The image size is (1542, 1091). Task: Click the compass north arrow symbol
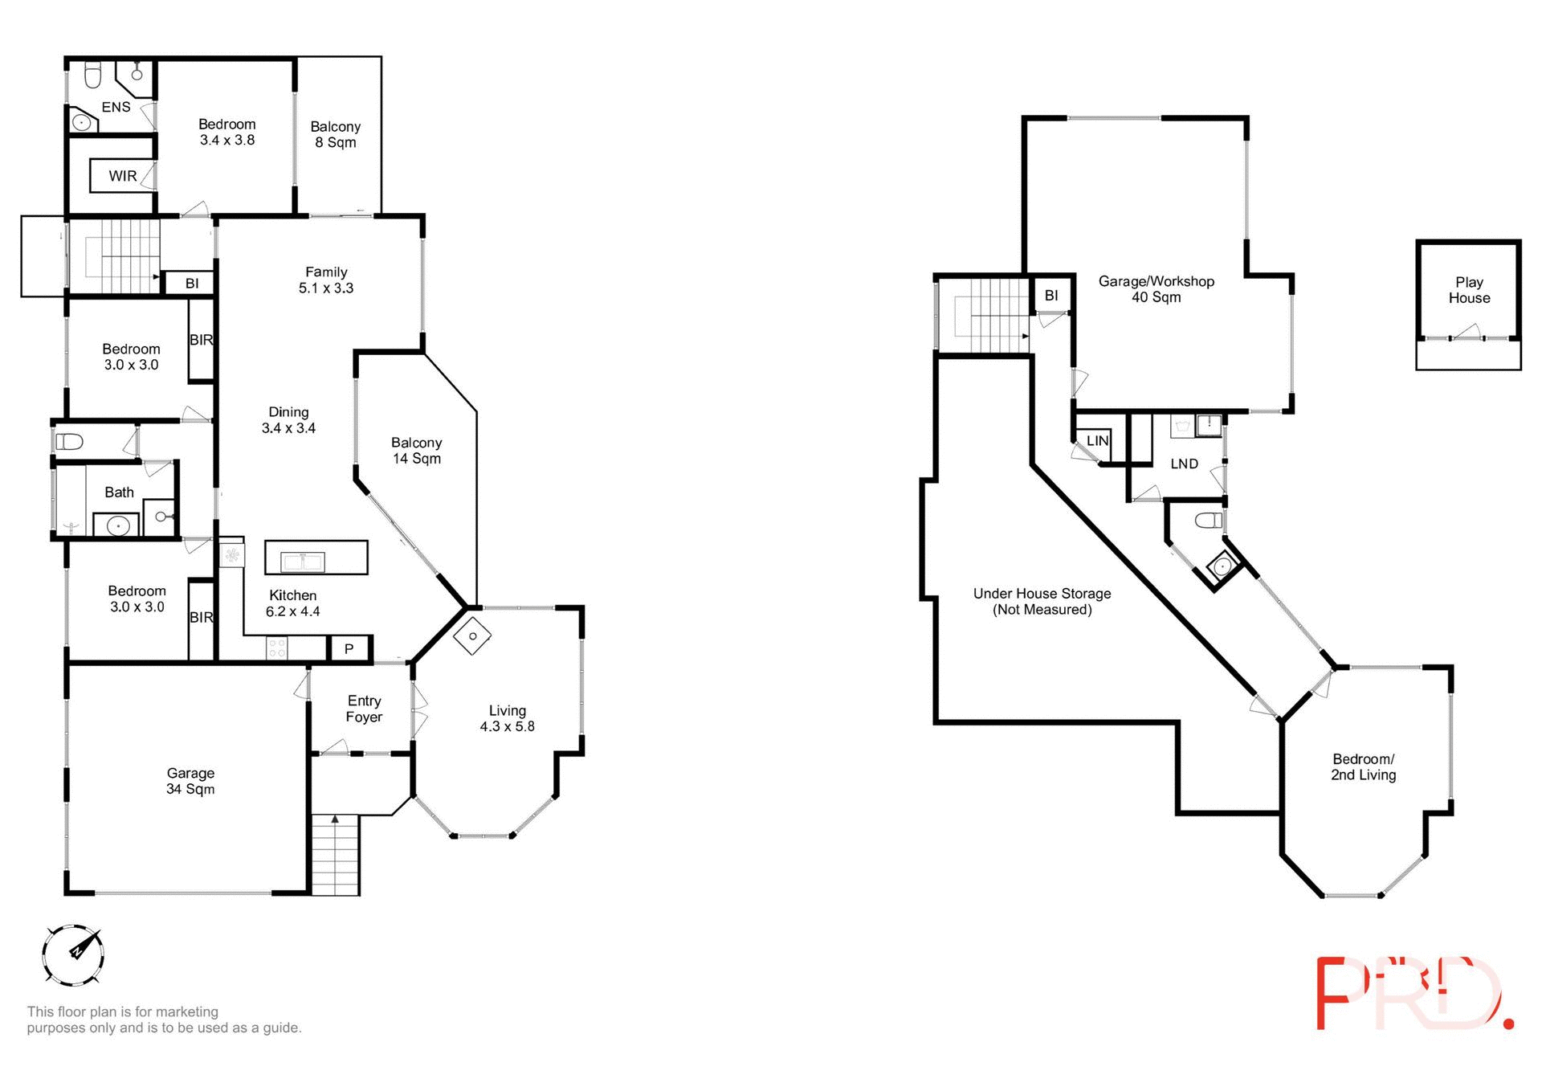coord(73,954)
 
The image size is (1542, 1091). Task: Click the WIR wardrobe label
coord(123,176)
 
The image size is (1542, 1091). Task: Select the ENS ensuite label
coord(116,107)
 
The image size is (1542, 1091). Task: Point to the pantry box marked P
coord(349,648)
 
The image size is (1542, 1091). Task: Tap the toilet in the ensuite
coord(92,75)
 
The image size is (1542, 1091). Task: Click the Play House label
coord(1469,290)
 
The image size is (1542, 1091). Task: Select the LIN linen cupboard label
coord(1097,441)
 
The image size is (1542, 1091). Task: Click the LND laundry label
coord(1184,464)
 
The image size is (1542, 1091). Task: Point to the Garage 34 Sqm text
coord(190,781)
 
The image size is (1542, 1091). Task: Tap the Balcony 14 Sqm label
coord(416,451)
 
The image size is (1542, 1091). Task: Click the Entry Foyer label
coord(364,709)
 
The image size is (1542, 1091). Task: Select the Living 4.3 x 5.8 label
coord(507,718)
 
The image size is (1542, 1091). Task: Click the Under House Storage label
coord(1042,601)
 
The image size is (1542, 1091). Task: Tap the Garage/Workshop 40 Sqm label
coord(1156,289)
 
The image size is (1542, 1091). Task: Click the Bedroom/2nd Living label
coord(1363,767)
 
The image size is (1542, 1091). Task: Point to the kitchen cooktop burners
coord(277,648)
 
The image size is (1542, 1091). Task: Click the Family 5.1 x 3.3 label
coord(326,280)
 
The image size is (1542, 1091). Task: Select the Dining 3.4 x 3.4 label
coord(288,420)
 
